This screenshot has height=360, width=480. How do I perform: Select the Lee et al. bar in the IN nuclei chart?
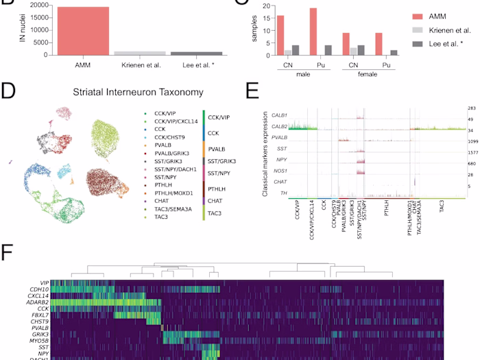195,53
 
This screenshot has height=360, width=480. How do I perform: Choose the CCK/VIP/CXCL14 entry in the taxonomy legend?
169,120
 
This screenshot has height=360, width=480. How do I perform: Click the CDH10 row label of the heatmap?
40,289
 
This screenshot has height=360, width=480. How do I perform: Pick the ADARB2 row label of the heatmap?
38,302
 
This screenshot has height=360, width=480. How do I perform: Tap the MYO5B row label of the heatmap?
39,341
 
